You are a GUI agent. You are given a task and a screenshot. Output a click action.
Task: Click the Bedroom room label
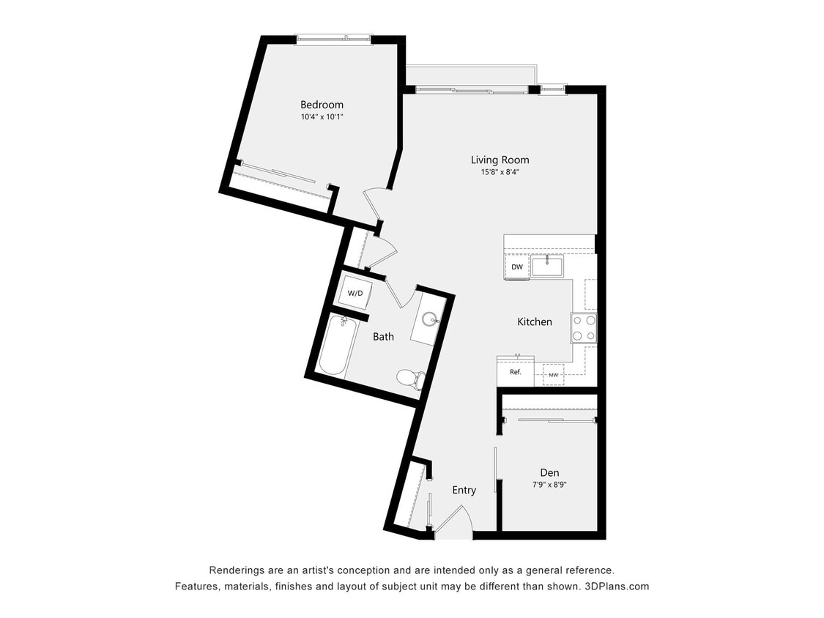click(322, 105)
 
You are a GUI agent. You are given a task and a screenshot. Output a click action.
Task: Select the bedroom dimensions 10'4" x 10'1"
click(322, 117)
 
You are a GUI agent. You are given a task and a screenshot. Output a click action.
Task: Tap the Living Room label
click(500, 160)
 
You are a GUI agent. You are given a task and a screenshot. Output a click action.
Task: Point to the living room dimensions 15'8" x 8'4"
click(500, 173)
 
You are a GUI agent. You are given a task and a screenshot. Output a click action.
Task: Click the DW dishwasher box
click(517, 267)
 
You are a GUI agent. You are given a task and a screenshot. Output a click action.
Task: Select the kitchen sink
click(547, 266)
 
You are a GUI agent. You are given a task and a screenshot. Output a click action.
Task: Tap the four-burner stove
click(584, 327)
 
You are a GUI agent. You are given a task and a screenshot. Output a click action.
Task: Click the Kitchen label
click(535, 321)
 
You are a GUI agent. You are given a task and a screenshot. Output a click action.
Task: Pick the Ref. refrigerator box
click(516, 372)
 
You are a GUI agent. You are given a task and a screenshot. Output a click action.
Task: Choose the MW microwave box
click(553, 376)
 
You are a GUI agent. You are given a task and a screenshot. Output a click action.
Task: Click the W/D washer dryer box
click(355, 293)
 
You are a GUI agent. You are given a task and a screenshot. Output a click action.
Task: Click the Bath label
click(383, 337)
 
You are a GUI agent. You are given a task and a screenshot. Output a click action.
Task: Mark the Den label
click(549, 472)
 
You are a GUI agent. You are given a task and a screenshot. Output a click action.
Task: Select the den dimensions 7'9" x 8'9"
click(549, 485)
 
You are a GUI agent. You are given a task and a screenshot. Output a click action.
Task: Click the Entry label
click(464, 490)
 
